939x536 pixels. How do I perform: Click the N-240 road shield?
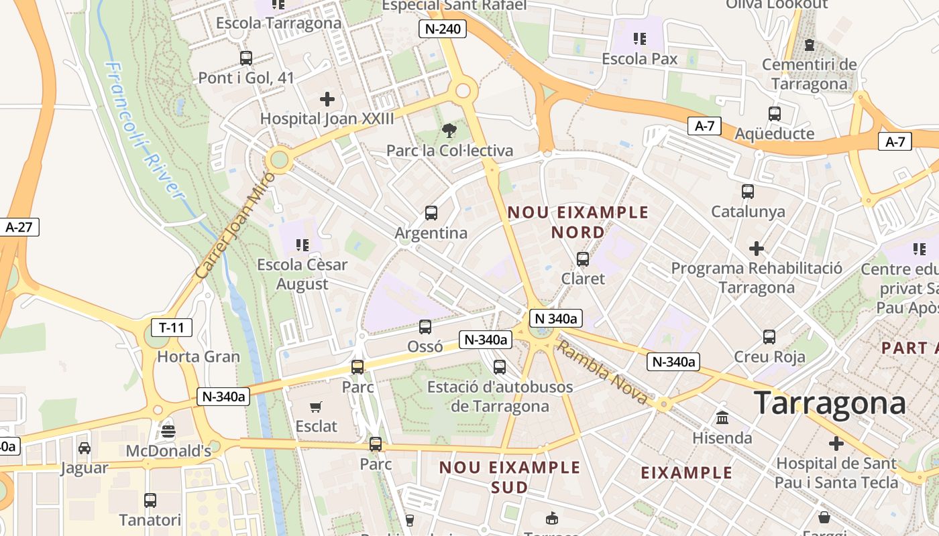pos(442,28)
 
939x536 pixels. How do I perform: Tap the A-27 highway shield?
pos(19,226)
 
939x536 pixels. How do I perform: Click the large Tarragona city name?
pos(830,403)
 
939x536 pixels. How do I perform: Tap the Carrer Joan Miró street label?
pos(235,226)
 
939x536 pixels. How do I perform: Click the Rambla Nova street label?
pos(603,373)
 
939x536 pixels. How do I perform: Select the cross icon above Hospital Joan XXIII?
pos(327,100)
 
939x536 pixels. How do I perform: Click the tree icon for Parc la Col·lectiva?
pos(449,131)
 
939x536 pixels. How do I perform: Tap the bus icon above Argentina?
pos(431,213)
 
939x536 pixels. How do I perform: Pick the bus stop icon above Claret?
pos(583,259)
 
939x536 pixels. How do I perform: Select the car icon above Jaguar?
pos(85,448)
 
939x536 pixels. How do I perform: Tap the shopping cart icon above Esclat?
pos(316,406)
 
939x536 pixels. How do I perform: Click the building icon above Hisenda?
pos(722,418)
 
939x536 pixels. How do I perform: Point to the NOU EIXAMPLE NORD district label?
pos(578,222)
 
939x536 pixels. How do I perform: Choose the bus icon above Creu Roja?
pos(769,336)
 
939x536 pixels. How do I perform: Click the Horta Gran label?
pos(198,356)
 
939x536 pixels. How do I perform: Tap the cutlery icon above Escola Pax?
pos(639,39)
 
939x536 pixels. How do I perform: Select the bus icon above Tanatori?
pos(150,500)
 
